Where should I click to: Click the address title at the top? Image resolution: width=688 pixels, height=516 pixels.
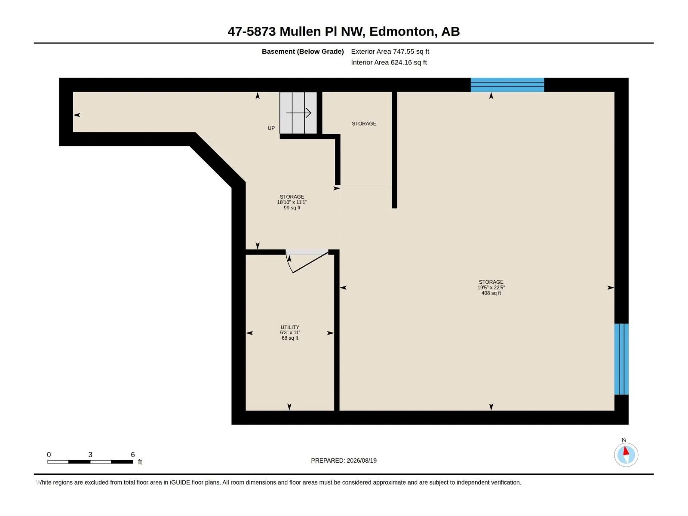tap(344, 31)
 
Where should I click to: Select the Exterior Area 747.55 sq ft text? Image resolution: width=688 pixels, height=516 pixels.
tap(390, 51)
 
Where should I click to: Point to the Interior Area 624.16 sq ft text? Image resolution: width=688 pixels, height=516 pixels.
tap(389, 62)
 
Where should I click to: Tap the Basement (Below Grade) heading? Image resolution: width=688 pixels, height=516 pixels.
tap(303, 51)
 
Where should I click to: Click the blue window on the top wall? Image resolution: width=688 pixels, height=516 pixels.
tap(507, 85)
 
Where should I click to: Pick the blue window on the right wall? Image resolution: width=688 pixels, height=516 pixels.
tap(621, 359)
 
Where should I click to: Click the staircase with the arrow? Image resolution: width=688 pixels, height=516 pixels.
tap(298, 113)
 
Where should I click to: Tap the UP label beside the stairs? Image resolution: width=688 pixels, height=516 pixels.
tap(271, 128)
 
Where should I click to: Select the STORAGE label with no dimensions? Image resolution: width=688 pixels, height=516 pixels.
tap(364, 124)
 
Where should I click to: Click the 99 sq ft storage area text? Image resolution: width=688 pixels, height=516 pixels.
tap(292, 208)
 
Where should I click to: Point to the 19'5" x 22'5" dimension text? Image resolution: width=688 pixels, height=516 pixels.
tap(491, 288)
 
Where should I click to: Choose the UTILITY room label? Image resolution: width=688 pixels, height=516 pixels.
tap(290, 327)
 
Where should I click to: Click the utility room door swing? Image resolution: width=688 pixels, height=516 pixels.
tap(307, 262)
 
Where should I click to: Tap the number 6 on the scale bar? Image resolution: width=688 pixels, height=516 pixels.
tap(133, 455)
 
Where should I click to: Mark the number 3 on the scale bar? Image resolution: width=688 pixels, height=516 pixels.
tap(90, 455)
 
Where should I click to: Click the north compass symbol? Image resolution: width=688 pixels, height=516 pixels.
tap(626, 455)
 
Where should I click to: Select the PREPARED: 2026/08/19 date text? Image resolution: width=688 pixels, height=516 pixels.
tap(344, 461)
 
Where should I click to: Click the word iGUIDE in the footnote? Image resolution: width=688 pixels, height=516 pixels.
tap(180, 482)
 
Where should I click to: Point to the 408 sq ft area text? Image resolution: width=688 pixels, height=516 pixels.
tap(491, 293)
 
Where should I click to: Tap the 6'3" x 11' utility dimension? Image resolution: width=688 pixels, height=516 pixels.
tap(290, 332)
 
